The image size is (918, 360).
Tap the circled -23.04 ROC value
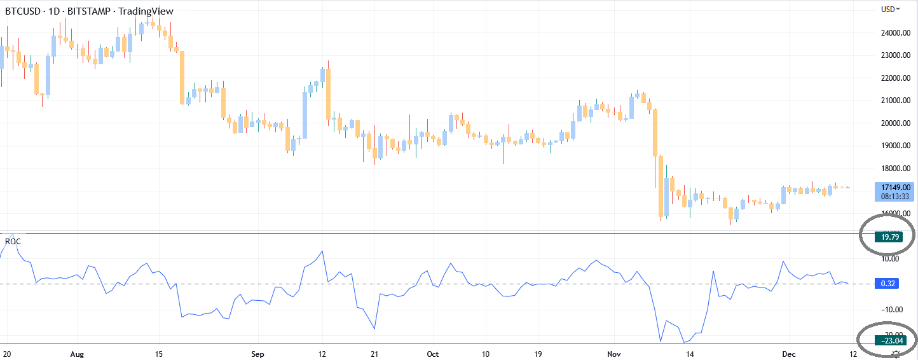coord(887,340)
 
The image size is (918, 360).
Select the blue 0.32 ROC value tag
coord(888,284)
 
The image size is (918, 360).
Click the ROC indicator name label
coord(12,242)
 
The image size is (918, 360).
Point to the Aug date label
coord(77,354)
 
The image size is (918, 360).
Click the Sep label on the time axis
coord(257,354)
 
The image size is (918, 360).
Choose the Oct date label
coord(433,354)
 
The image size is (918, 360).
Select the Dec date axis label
coord(789,354)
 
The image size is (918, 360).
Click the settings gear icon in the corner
coord(896,354)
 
